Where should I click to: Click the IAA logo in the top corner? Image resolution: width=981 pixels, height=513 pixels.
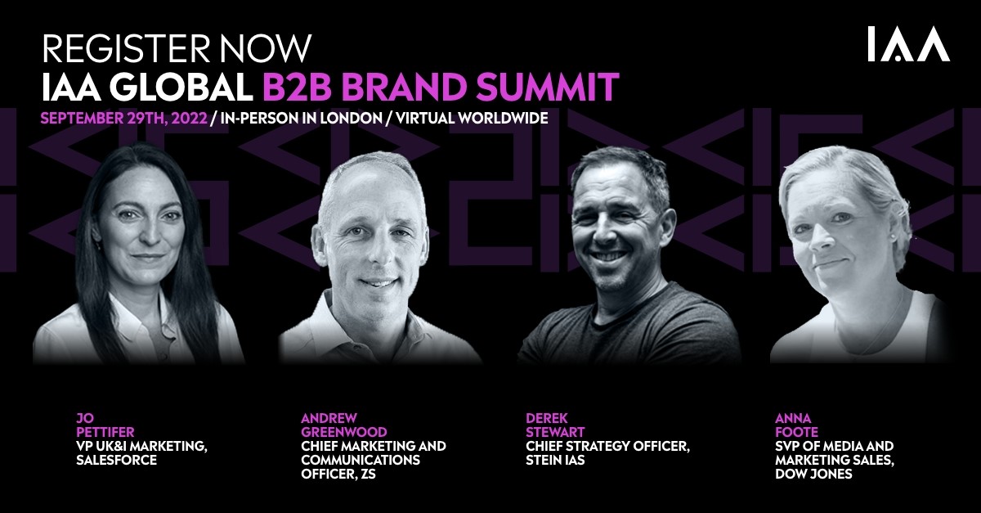coord(909,44)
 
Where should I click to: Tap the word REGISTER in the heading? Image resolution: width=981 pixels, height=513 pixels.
coord(126,48)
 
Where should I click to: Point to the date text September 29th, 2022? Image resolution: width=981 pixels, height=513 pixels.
coord(124,119)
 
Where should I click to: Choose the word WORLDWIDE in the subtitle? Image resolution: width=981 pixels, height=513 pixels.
coord(505,119)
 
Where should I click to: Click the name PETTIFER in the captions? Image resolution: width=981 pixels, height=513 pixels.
coord(105,432)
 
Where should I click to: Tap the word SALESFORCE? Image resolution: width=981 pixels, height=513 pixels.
coord(116,460)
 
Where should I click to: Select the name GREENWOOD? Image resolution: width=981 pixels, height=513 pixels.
coord(344,432)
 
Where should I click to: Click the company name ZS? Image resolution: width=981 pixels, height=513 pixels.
coord(369,474)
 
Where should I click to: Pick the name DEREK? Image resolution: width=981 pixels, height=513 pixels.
coord(547,418)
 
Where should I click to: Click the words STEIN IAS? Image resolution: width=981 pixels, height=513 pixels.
coord(555,460)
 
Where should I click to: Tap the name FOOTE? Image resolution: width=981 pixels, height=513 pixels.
coord(796,432)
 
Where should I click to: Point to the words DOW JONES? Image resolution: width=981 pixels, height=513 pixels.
coord(813,474)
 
